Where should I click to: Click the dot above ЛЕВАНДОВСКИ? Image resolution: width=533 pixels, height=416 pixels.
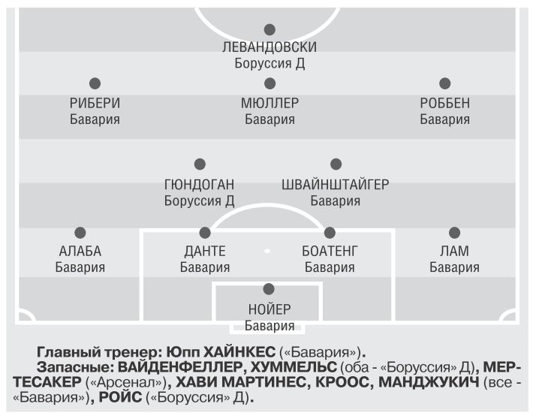(x=270, y=29)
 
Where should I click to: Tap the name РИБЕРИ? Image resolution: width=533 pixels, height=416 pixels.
(x=95, y=103)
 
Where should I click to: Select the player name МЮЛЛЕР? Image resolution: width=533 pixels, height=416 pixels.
(x=270, y=103)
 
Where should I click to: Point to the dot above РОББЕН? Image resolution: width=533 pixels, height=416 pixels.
(x=445, y=83)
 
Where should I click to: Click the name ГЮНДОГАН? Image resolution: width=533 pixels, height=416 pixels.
(x=199, y=185)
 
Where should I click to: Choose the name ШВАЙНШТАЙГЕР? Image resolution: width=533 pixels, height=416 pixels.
(x=335, y=185)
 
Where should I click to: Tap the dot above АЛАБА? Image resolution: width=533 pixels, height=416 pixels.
(x=80, y=233)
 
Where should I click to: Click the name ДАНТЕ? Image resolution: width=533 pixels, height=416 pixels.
(x=205, y=252)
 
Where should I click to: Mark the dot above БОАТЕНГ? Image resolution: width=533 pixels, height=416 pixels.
(x=330, y=233)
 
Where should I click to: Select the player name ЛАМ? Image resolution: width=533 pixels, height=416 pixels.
(x=454, y=252)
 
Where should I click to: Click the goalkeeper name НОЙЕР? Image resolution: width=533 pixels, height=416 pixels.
(x=270, y=309)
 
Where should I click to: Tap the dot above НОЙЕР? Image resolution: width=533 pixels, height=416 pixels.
(x=269, y=289)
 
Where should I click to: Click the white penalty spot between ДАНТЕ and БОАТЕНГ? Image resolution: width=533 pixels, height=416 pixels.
(x=267, y=251)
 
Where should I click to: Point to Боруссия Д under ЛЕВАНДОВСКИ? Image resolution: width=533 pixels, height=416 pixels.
(x=270, y=63)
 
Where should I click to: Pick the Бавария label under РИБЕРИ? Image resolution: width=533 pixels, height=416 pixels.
(x=95, y=119)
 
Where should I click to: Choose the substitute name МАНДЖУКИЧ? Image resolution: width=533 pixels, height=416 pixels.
(x=429, y=382)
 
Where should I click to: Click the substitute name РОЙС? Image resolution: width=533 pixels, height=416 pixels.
(x=120, y=397)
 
